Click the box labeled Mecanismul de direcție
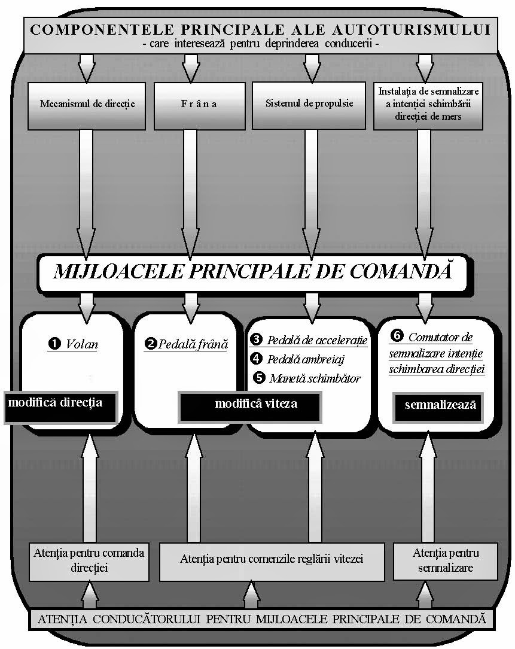(x=87, y=105)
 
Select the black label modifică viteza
(x=255, y=404)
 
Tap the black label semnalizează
(x=440, y=405)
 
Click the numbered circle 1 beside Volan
(x=54, y=344)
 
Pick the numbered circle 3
(x=257, y=340)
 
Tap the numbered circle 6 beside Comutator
(x=397, y=336)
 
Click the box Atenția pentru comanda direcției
(x=89, y=561)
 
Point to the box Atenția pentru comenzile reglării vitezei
(x=272, y=560)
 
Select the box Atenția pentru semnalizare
(x=445, y=560)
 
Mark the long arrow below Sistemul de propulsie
(x=310, y=192)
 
